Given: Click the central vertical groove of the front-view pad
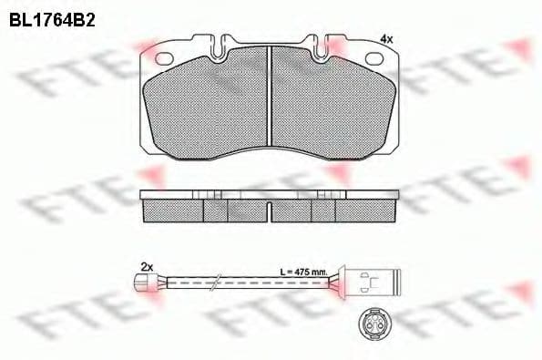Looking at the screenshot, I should click(272, 95).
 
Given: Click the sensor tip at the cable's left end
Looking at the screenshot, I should click(143, 283).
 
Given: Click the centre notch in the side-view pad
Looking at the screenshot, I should click(271, 210).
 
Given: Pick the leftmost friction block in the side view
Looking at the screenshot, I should click(173, 211).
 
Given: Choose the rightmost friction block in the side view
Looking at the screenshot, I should click(369, 211).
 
